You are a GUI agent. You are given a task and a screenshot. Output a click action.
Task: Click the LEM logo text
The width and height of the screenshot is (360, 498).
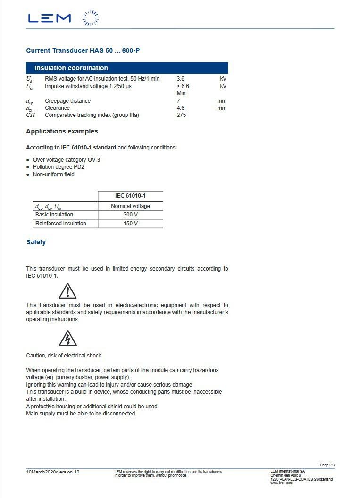(x=49, y=18)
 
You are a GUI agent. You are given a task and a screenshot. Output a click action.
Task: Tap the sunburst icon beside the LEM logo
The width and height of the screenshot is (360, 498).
(x=91, y=18)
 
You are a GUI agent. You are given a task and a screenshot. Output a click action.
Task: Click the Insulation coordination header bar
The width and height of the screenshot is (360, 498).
(x=127, y=68)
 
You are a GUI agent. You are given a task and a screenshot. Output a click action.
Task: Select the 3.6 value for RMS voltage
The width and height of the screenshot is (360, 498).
(x=181, y=79)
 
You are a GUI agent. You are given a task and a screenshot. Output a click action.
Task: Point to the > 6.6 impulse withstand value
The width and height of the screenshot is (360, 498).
(x=183, y=86)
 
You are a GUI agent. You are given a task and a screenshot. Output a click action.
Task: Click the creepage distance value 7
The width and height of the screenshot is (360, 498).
(x=178, y=101)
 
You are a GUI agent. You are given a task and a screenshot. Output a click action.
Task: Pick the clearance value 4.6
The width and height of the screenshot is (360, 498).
(x=181, y=108)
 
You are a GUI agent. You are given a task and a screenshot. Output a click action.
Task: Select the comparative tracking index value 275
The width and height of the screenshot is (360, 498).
(x=181, y=115)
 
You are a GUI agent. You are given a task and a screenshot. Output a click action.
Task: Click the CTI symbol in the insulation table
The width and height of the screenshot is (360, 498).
(x=31, y=115)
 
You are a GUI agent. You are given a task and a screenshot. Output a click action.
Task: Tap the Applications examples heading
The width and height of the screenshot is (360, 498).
(x=62, y=131)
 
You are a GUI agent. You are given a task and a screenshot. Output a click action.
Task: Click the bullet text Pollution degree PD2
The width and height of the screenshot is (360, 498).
(x=59, y=167)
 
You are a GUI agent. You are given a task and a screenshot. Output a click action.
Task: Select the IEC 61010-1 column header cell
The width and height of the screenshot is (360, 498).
(x=130, y=196)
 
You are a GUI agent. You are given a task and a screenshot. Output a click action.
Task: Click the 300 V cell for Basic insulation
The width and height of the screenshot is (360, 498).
(x=130, y=215)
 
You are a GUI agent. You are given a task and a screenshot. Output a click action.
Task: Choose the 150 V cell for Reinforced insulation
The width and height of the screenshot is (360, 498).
(x=130, y=224)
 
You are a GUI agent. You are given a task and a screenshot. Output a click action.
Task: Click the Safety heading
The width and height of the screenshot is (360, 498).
(x=36, y=242)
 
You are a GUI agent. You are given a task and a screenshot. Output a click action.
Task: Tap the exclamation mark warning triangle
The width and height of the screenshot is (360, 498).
(x=67, y=291)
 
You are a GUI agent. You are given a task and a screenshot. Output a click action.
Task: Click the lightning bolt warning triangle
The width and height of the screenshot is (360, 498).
(x=67, y=338)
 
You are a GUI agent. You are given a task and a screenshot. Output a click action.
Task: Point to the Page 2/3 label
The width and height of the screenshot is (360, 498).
(x=327, y=465)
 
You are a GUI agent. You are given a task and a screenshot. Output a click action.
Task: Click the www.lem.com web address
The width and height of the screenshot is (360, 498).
(x=282, y=483)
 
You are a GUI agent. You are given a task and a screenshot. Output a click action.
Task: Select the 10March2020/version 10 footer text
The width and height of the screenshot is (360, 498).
(x=53, y=472)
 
